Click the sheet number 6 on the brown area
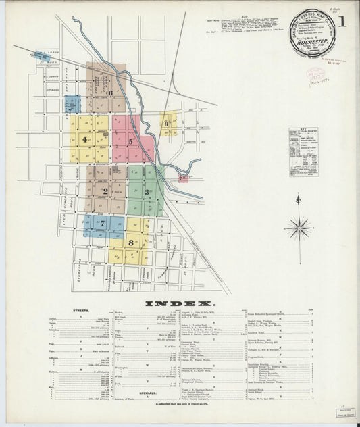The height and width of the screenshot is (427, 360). [x=109, y=93]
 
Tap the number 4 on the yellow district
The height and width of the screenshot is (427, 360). [x=84, y=140]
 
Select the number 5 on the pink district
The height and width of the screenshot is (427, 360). [x=130, y=142]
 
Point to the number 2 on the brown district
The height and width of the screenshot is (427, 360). [x=105, y=191]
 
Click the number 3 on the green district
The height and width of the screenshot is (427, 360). [x=146, y=193]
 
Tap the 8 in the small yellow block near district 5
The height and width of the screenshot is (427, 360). [x=165, y=124]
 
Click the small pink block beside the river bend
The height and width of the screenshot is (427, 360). [x=183, y=178]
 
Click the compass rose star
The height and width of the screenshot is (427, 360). [x=297, y=228]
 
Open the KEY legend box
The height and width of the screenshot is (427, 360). [x=303, y=152]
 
